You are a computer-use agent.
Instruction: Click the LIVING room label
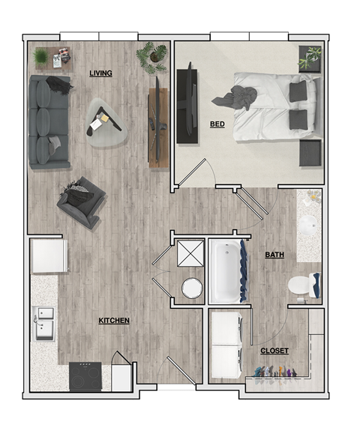click(x=100, y=73)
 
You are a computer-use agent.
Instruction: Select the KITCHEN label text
click(x=114, y=321)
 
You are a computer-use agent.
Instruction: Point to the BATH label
click(x=274, y=255)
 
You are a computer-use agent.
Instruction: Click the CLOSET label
click(x=274, y=351)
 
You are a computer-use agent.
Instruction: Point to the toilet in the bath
click(x=301, y=285)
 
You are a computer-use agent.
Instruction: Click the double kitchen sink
click(x=43, y=322)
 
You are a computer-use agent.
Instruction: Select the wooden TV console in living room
click(x=157, y=127)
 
